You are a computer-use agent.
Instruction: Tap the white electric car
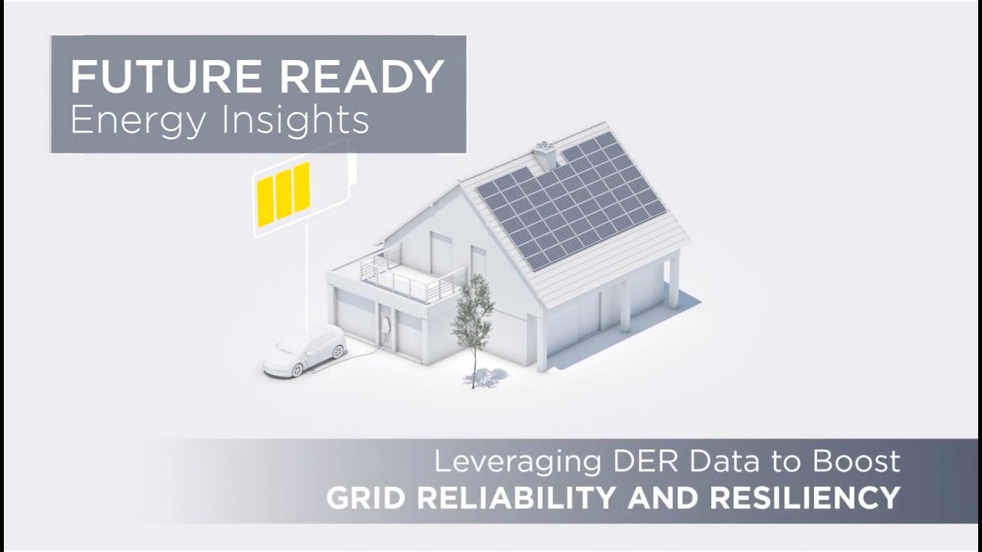click(x=305, y=350)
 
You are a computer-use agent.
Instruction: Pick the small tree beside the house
click(x=473, y=314)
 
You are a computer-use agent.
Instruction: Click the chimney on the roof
click(x=545, y=156)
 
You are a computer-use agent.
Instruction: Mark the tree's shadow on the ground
click(x=487, y=377)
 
